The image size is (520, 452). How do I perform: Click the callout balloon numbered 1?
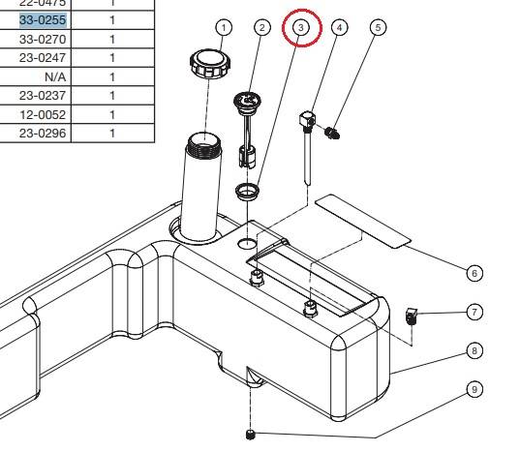click(x=225, y=27)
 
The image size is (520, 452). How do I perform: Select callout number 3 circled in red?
click(x=301, y=28)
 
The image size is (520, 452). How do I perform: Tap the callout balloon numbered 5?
click(x=378, y=27)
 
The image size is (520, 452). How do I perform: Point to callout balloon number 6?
click(x=474, y=273)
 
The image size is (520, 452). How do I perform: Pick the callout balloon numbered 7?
click(x=474, y=312)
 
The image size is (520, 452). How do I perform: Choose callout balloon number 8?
click(x=474, y=350)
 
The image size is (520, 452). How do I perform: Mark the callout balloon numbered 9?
click(x=474, y=389)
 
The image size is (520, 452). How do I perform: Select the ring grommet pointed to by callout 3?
click(x=247, y=187)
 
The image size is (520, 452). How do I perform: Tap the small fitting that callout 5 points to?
click(x=333, y=131)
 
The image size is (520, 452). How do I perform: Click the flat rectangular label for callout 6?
click(x=363, y=219)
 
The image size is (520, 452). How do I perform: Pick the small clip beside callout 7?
click(x=411, y=315)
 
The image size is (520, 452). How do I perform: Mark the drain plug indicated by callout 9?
click(x=251, y=433)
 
